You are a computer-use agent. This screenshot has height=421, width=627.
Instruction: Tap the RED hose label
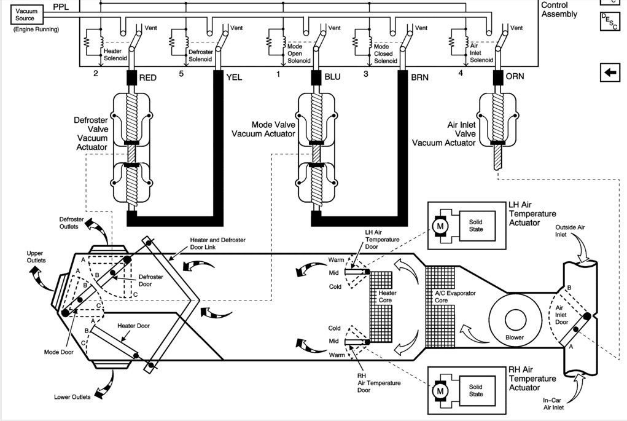click(148, 78)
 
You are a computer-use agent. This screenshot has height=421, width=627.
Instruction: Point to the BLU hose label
click(332, 78)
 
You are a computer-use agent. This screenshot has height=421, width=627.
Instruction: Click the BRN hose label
click(419, 78)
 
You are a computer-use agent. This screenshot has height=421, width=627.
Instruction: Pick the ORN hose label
click(515, 78)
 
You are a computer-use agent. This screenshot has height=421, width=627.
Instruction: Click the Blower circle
click(514, 320)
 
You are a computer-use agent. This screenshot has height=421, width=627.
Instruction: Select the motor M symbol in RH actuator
click(440, 390)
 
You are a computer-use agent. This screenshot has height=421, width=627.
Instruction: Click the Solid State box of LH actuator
click(477, 226)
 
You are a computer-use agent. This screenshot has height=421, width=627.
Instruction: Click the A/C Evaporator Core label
click(454, 297)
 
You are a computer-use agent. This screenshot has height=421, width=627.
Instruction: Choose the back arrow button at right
click(610, 73)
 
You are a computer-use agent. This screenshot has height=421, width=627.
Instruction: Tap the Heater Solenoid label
click(113, 55)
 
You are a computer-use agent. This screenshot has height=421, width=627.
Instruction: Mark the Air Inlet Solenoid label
click(481, 53)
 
